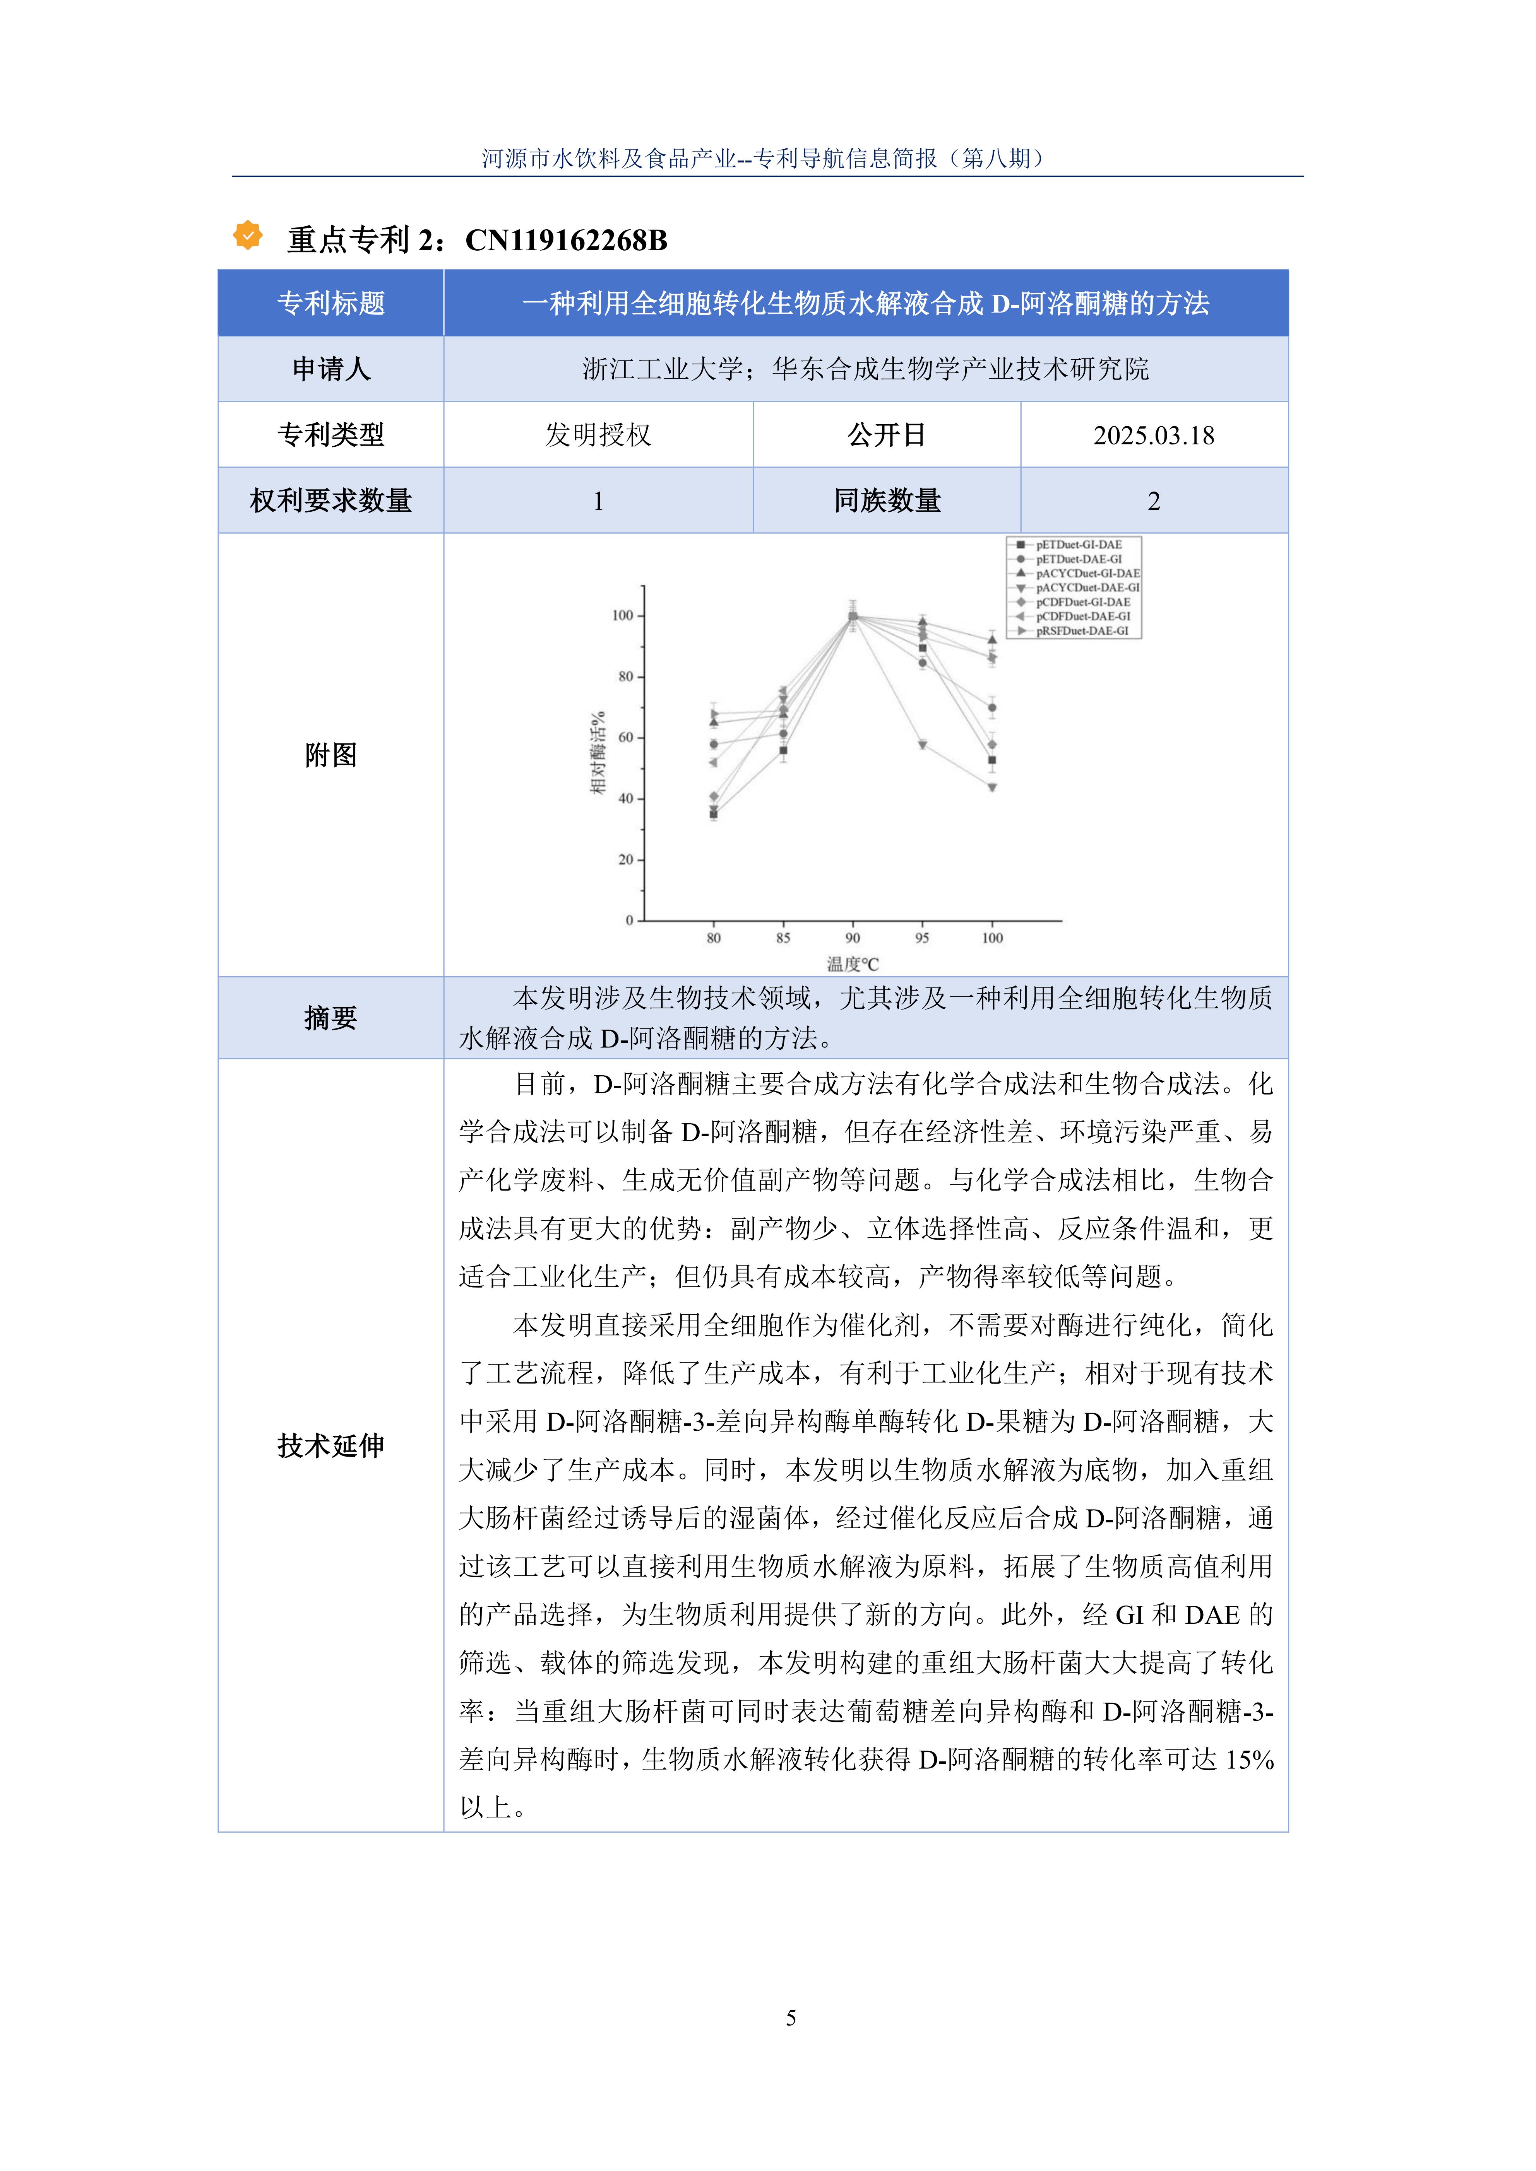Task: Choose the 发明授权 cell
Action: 598,435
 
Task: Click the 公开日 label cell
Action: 886,435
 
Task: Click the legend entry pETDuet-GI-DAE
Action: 1078,545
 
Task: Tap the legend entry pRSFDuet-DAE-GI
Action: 1081,631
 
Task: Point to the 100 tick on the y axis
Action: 622,615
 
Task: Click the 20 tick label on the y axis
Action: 625,859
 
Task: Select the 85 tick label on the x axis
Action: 783,938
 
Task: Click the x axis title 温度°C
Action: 852,965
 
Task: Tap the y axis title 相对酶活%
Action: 598,753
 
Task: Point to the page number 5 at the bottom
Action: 791,2018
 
